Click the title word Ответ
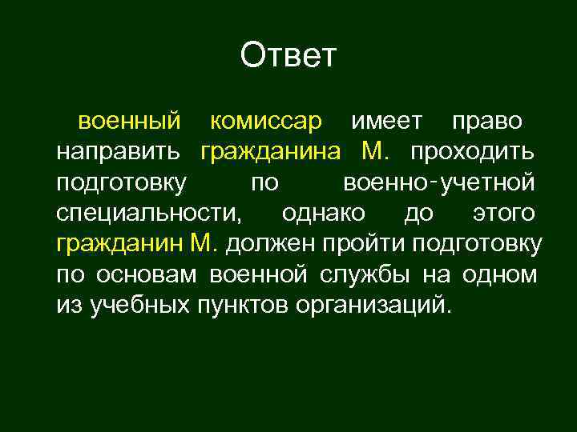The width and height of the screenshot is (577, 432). (288, 57)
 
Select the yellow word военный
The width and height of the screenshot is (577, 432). (128, 122)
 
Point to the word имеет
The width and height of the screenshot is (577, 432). (386, 122)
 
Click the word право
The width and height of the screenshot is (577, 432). (487, 122)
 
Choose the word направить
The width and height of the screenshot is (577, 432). (120, 152)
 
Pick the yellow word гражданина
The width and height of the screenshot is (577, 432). (271, 152)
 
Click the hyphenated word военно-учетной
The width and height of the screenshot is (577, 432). (438, 183)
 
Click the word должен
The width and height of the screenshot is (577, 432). (264, 244)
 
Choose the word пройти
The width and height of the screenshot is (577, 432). (352, 244)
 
